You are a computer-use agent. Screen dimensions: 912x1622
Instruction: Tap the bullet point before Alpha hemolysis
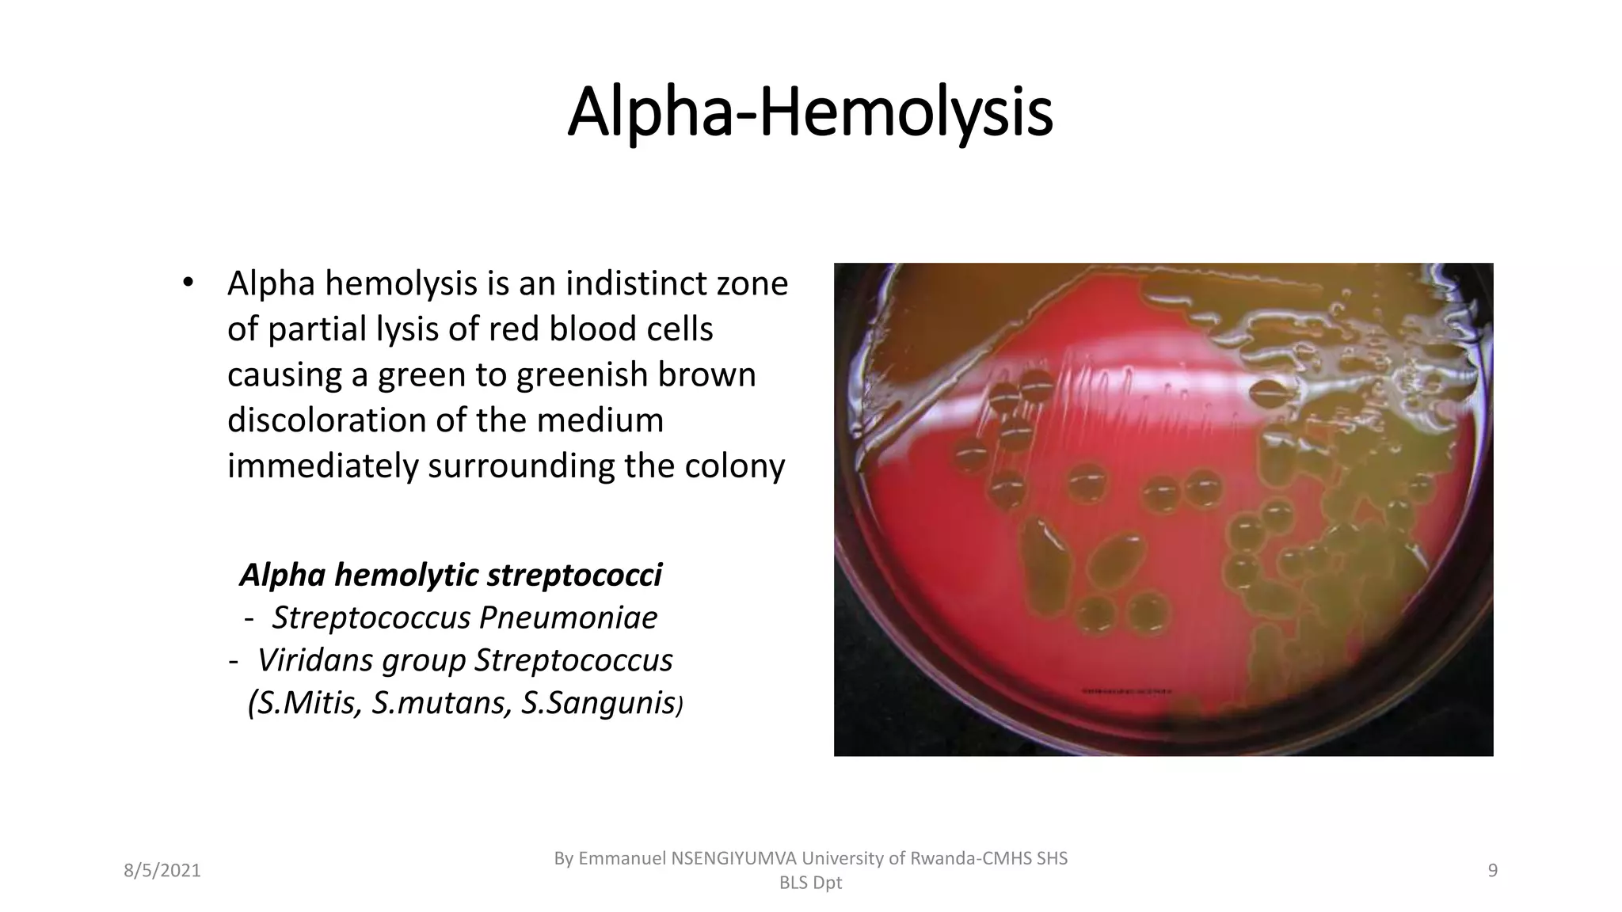click(187, 283)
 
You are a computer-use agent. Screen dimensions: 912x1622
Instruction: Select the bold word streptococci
click(574, 575)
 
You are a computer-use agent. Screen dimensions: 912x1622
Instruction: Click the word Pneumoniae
click(568, 617)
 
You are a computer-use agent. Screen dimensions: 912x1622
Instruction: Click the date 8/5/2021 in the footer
click(162, 871)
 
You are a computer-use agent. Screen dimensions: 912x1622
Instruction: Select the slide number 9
click(1492, 871)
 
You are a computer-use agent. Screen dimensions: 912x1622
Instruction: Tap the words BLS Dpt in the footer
click(810, 883)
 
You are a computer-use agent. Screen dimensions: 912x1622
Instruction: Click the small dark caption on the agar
click(1126, 691)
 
